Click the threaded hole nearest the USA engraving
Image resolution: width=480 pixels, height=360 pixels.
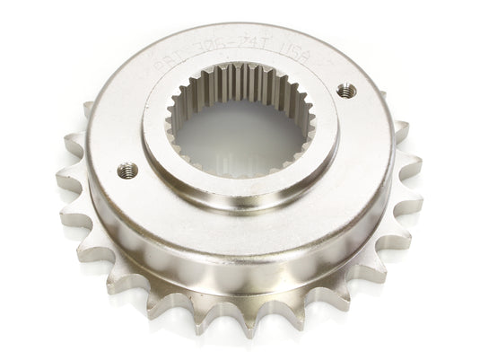tap(342, 90)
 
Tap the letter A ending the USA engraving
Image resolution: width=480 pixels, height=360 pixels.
tap(305, 57)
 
